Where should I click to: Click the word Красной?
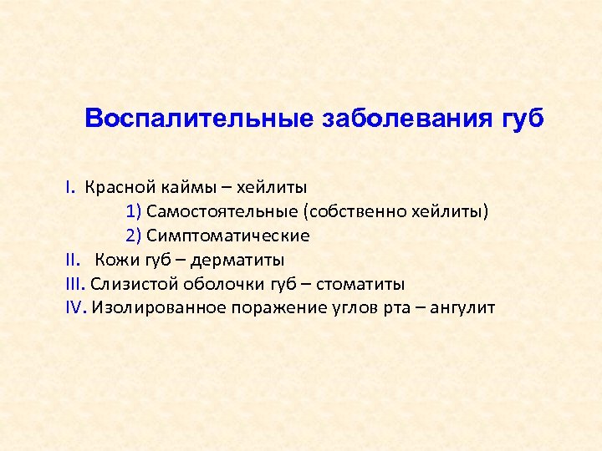[113, 187]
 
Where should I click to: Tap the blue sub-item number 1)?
[135, 211]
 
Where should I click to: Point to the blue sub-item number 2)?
[135, 236]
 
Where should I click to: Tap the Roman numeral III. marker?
[75, 284]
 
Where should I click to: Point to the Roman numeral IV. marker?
[76, 308]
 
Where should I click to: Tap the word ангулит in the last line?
[465, 308]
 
